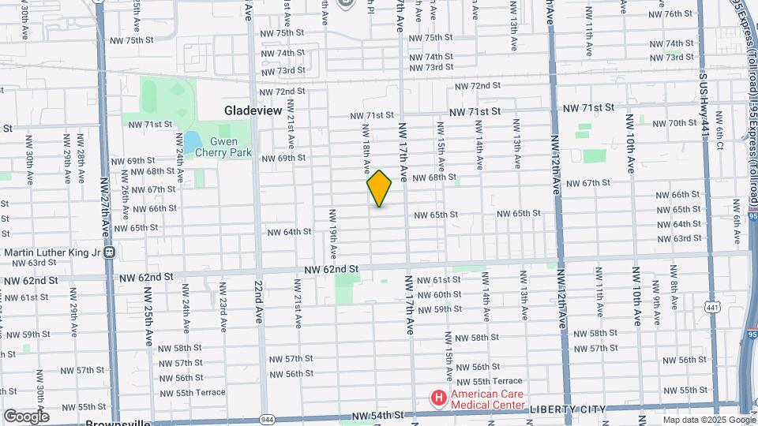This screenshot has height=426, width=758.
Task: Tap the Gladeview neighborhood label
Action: tap(253, 111)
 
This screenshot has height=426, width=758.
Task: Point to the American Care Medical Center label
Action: tap(487, 399)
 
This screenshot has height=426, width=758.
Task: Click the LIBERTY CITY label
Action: tap(568, 409)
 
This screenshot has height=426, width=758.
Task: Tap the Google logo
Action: tap(26, 416)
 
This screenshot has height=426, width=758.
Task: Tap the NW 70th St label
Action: tap(670, 123)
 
